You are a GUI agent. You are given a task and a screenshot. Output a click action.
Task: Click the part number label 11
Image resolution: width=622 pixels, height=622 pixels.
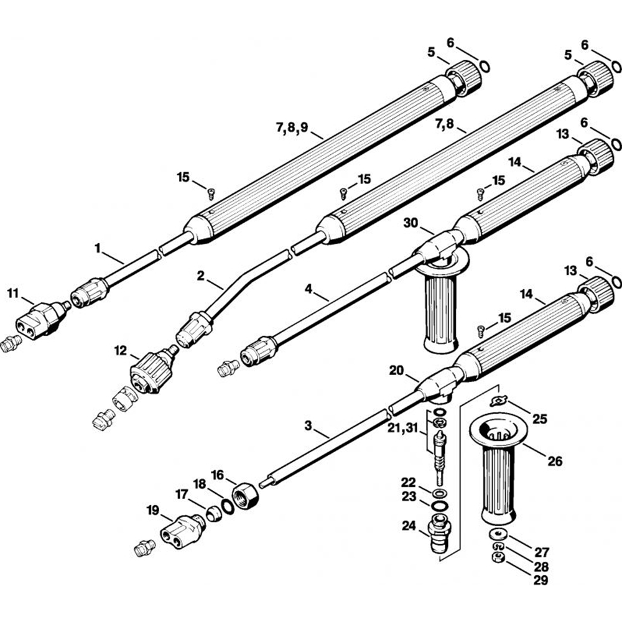tap(12, 294)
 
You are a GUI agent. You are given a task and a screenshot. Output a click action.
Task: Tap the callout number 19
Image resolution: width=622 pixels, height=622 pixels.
tap(153, 510)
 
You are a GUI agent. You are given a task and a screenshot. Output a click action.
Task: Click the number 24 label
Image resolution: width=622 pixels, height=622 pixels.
tap(409, 526)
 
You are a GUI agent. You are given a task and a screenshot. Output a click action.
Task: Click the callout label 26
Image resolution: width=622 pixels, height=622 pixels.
tap(555, 461)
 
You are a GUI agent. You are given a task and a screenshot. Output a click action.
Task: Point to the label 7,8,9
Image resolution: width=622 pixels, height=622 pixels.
tap(292, 128)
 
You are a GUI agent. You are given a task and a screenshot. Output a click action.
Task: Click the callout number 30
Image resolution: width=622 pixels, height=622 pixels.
tap(411, 223)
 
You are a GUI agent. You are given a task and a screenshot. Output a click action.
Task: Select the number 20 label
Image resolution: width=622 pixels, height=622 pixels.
tap(396, 371)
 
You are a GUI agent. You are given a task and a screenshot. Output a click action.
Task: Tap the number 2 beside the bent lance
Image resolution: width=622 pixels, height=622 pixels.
tap(201, 276)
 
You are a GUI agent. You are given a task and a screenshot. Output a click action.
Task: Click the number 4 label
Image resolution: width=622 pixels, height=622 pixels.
tap(309, 289)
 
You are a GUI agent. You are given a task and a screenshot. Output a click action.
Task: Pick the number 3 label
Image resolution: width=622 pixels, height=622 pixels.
tap(309, 425)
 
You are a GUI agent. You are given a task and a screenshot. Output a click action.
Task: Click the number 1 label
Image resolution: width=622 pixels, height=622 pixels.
tap(98, 248)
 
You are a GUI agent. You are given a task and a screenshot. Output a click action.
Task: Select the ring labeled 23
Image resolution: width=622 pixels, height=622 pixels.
tap(440, 506)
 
